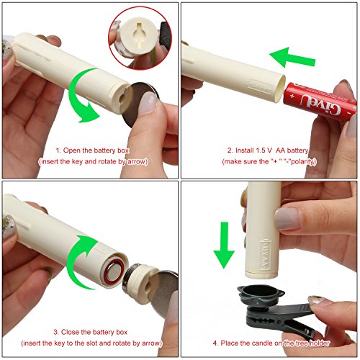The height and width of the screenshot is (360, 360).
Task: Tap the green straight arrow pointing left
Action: [293, 58]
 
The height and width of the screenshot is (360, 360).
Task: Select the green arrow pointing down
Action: [224, 245]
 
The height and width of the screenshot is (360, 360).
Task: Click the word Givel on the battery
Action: [321, 104]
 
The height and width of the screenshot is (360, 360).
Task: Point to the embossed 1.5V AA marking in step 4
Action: [265, 255]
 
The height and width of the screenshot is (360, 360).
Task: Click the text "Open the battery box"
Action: [96, 150]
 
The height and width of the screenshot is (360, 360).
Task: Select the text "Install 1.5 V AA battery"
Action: [271, 150]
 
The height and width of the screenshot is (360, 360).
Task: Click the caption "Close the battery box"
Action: [94, 332]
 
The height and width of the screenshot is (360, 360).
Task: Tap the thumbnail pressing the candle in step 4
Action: [287, 219]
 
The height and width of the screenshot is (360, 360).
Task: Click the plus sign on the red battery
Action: [292, 96]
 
